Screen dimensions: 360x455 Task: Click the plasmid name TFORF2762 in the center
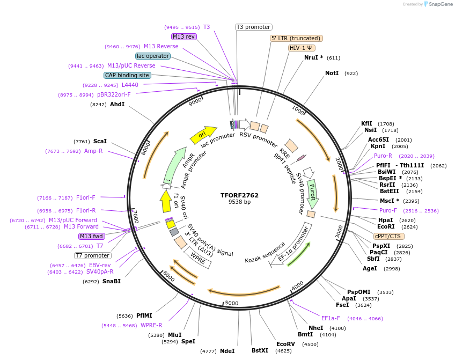click(239, 195)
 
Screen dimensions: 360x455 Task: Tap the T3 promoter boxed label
click(253, 27)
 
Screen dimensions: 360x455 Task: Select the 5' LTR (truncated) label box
click(296, 39)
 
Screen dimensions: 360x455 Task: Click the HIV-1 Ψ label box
click(302, 48)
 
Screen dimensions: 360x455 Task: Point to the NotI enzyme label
click(332, 73)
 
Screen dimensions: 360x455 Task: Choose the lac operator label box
click(153, 56)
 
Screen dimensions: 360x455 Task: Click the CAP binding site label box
click(127, 76)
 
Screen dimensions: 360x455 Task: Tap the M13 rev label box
click(184, 36)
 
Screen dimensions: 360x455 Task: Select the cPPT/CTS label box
click(388, 236)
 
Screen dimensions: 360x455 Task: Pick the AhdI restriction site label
click(117, 104)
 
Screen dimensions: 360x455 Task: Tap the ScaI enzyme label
click(100, 141)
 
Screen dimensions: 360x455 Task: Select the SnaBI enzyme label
click(112, 281)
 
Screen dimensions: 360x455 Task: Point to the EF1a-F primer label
click(331, 318)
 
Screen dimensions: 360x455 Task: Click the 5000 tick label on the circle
click(231, 303)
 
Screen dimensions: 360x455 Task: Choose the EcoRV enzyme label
click(285, 344)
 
